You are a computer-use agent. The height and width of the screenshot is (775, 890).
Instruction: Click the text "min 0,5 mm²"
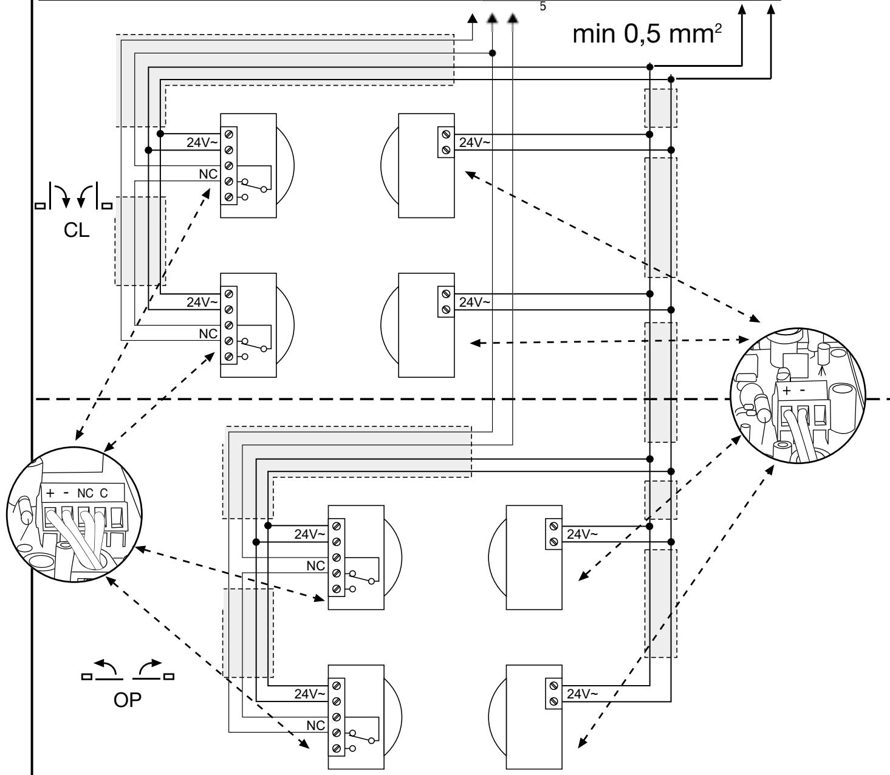pos(647,34)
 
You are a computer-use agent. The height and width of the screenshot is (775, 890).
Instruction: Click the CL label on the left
pos(77,230)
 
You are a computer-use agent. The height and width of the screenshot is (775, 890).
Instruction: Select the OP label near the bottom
pos(128,700)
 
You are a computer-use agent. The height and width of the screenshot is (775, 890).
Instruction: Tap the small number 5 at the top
pos(543,7)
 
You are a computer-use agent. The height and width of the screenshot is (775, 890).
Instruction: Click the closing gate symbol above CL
pos(74,196)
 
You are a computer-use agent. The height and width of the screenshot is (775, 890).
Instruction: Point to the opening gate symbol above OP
pos(128,670)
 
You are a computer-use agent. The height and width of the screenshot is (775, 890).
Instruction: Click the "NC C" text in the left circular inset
pos(92,493)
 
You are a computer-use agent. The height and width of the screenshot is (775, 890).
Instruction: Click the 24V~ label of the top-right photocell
pos(474,142)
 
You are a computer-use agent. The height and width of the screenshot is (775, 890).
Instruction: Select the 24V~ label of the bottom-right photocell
pos(582,694)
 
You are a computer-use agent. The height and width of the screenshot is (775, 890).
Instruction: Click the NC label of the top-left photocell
pos(208,174)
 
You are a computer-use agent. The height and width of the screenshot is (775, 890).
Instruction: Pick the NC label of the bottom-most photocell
pos(316,725)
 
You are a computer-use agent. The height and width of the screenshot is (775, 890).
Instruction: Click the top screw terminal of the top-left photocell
pos(229,134)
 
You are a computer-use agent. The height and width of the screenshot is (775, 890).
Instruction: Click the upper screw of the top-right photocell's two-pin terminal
pos(446,134)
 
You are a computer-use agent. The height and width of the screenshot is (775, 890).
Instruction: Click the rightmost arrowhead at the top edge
pos(770,9)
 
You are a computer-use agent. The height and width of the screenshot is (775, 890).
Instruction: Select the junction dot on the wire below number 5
pos(493,53)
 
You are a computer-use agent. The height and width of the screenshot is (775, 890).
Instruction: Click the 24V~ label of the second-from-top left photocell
pos(202,302)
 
